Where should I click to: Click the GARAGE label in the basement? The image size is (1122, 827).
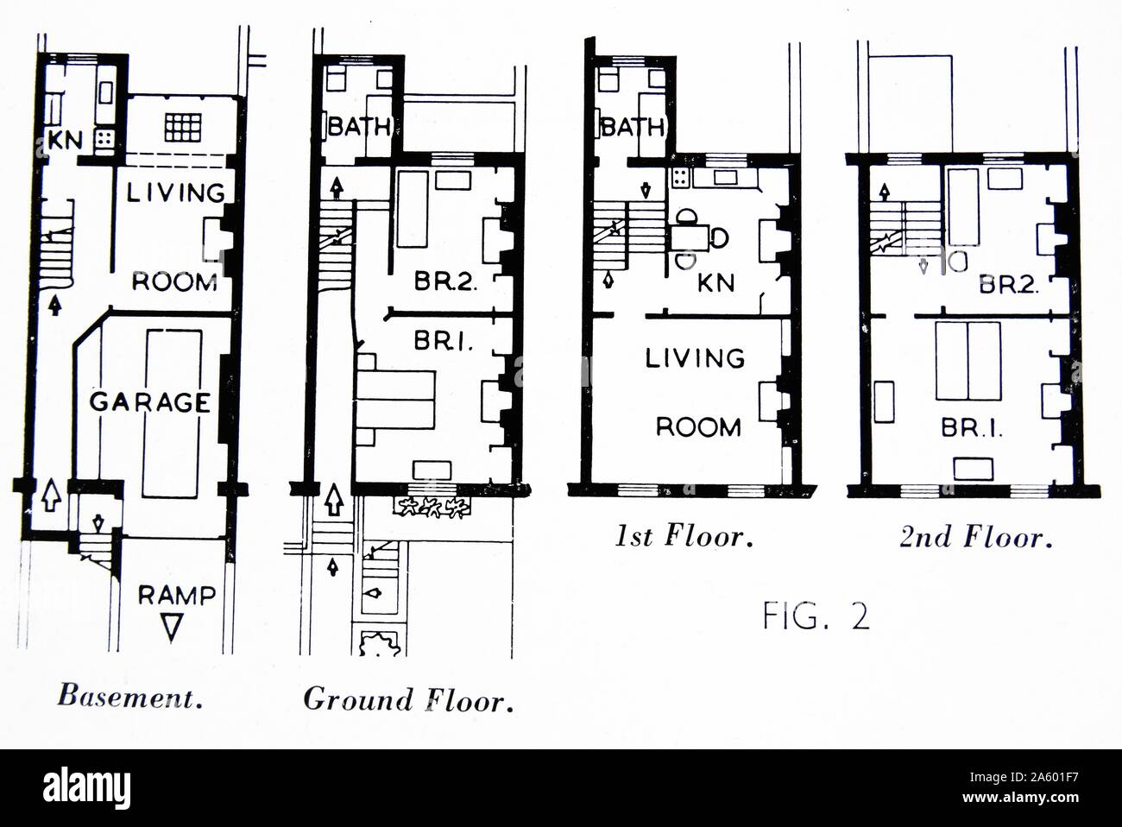point(150,402)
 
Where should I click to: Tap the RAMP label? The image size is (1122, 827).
point(177,595)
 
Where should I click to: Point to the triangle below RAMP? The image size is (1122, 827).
point(171,628)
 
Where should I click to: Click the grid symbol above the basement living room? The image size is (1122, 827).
point(183,127)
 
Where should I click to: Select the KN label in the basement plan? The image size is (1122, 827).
point(65,140)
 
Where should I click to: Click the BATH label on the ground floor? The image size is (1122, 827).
point(359,126)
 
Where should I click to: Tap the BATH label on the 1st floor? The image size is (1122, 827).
point(633,127)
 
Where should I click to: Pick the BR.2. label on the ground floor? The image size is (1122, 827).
point(446,281)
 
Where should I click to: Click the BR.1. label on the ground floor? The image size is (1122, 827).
point(444,341)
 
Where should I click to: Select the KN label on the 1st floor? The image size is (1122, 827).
point(716,282)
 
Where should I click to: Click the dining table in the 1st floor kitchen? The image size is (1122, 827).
point(690,238)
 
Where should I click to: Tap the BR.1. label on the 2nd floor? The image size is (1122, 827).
point(972,428)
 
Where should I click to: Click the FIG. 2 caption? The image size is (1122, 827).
point(816,616)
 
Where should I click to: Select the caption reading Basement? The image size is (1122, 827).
point(130,697)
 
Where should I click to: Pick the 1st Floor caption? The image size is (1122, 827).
point(684,536)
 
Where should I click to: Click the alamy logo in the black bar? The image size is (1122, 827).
point(86,788)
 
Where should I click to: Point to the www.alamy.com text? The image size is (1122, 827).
point(1020,797)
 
